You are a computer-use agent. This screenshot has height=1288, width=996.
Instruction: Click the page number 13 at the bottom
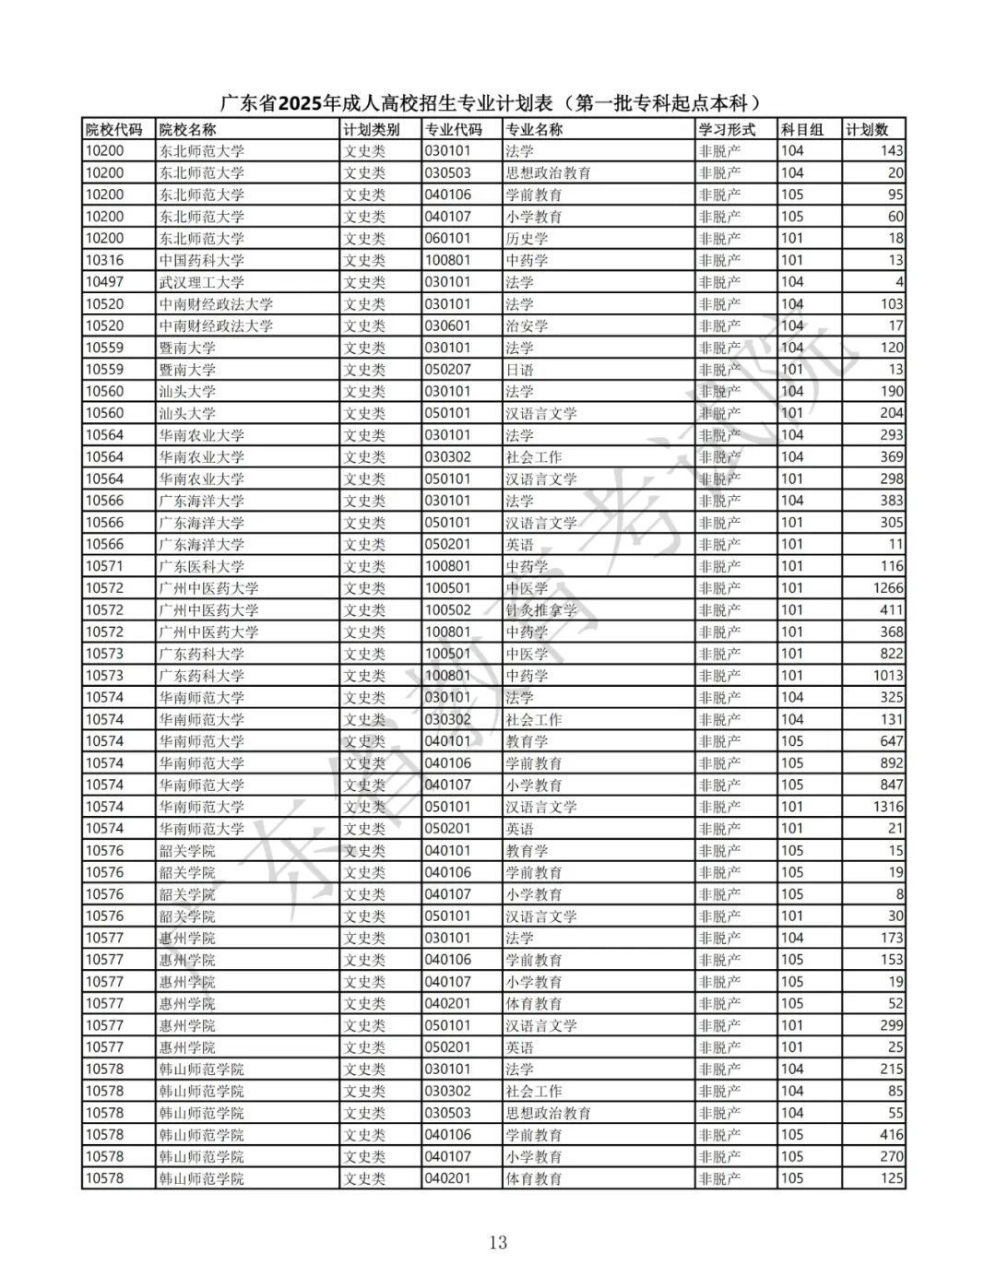(x=498, y=1243)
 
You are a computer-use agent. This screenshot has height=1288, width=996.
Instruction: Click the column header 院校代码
(x=113, y=130)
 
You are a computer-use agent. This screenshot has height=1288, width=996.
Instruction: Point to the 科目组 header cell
(x=802, y=130)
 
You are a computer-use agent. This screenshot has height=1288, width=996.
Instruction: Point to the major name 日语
(x=519, y=370)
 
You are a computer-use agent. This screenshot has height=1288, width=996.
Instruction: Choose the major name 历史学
(x=527, y=239)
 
